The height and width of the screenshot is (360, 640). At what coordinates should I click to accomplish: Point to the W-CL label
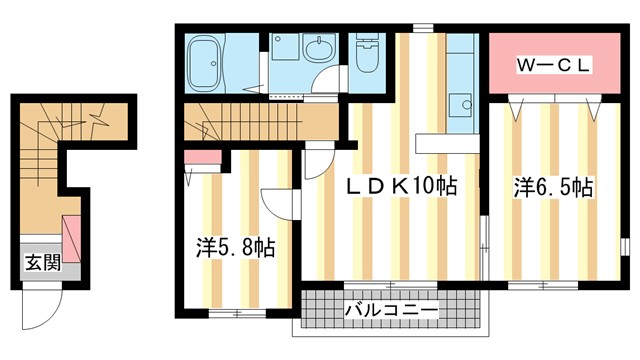[554, 65]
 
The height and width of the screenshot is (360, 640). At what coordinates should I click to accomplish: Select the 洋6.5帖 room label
[554, 187]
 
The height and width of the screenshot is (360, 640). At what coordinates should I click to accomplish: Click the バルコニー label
[391, 312]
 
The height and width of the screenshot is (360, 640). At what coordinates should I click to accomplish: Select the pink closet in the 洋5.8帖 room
[202, 156]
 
